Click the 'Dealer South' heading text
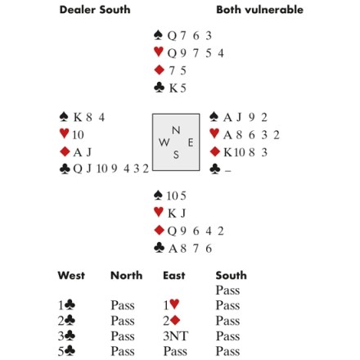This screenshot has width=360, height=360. coord(95,10)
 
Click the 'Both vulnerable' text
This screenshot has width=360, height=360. coord(259,10)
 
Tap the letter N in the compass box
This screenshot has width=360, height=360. coord(176,130)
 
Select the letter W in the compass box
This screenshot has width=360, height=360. coord(164,142)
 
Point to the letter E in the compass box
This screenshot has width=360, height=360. coord(191,142)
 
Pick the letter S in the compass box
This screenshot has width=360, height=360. coord(176,155)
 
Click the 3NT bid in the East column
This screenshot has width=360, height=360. coord(175,335)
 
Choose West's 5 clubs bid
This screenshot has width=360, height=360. coord(66,351)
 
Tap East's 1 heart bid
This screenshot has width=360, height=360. coord(171,305)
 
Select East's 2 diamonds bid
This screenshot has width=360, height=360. coord(172,321)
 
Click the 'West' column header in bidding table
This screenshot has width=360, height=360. coord(71,276)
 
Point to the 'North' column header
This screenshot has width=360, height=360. coord(127,276)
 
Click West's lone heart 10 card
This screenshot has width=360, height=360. coord(78,135)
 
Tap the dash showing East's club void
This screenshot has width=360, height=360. coord(227,171)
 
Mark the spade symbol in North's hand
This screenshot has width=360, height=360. coord(158,35)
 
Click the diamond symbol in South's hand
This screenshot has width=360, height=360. coord(159,230)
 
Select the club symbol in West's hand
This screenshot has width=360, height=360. coord(65,169)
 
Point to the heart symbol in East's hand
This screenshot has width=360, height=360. coord(214,133)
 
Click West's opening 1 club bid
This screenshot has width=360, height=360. coord(66,305)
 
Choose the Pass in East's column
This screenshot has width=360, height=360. coord(175,351)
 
